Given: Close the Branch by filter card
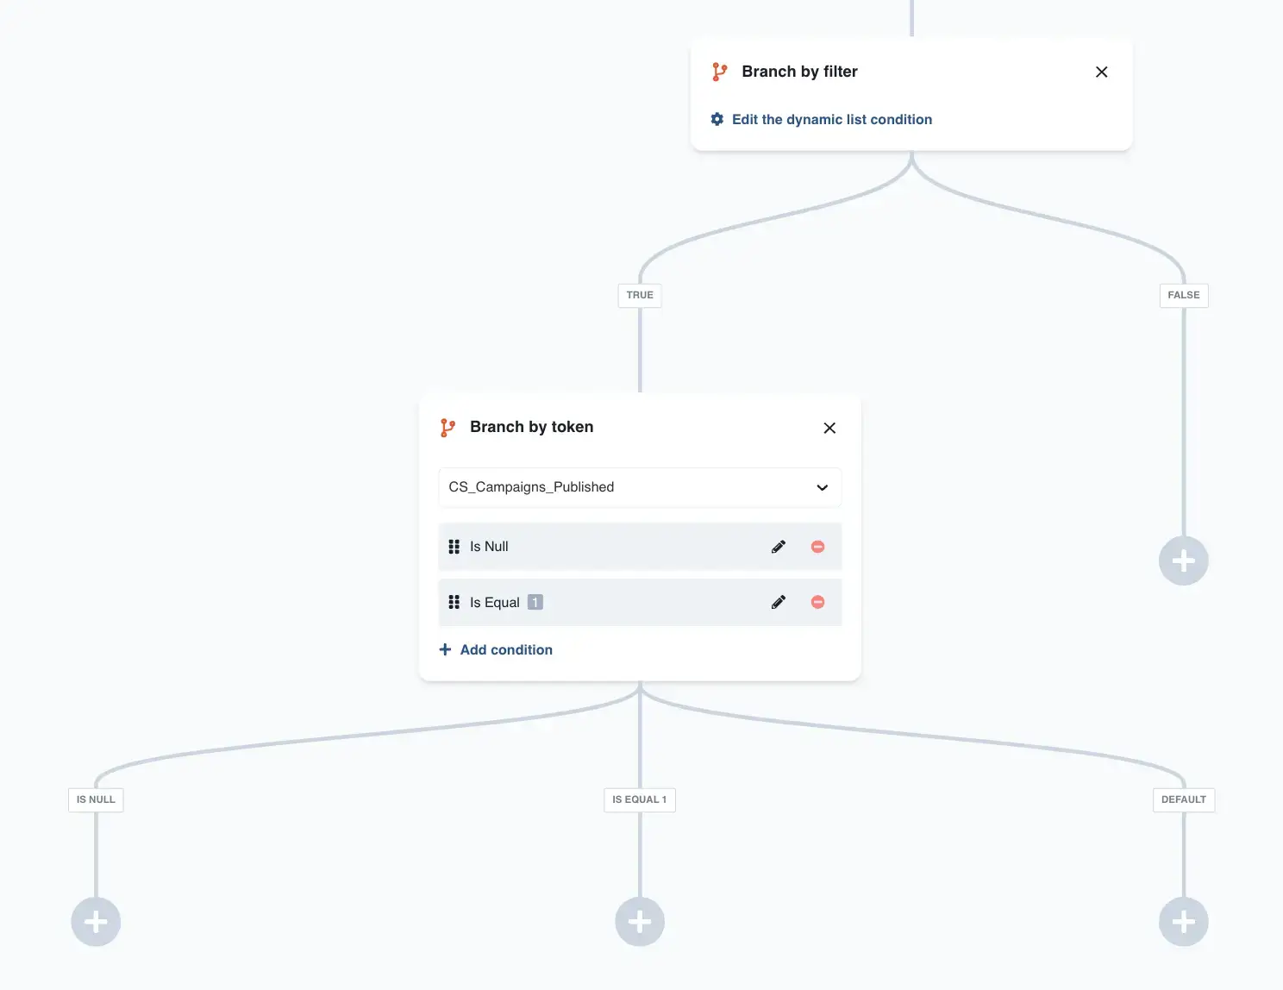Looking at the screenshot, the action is point(1101,72).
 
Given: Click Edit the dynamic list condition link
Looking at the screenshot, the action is point(832,119).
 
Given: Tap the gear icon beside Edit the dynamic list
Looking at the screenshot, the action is point(717,119).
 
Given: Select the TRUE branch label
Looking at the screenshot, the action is point(640,295).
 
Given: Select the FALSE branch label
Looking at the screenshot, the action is point(1183,295).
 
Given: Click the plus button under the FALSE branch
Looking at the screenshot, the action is point(1183,561).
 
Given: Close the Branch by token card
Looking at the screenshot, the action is point(829,428).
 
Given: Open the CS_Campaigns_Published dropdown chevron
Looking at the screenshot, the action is point(822,487).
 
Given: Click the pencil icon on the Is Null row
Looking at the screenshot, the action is point(779,547).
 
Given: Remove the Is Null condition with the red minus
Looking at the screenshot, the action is point(817,547).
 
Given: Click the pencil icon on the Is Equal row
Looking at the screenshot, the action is point(779,602).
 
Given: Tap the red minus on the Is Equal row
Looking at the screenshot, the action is point(817,602).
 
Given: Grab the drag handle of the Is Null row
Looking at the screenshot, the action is point(454,547).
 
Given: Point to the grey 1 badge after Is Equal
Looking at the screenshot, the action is point(535,602).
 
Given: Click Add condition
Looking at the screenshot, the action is point(496,650).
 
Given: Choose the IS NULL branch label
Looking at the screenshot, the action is point(96,800).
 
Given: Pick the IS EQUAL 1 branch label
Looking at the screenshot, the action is point(640,800).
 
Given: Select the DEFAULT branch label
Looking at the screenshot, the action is point(1183,800).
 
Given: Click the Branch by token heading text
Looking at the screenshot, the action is point(531,427).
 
